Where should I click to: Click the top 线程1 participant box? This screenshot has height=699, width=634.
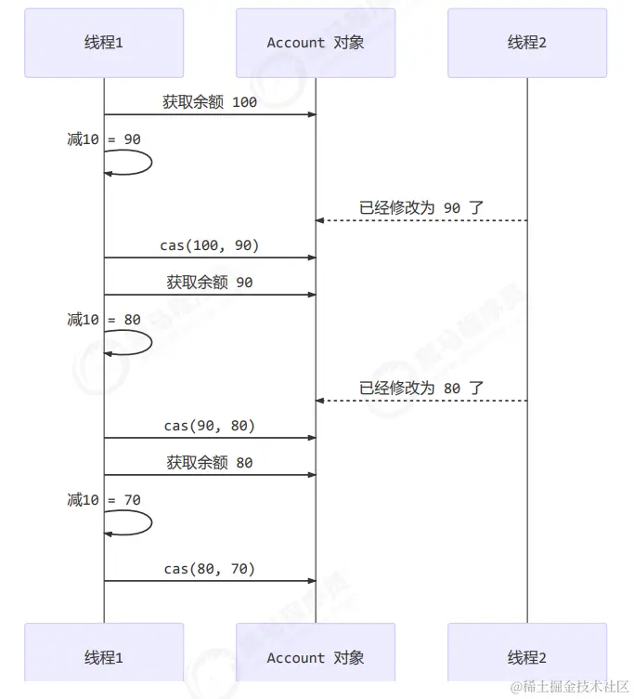[x=104, y=43]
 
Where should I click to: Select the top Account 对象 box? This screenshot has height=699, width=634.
[x=315, y=43]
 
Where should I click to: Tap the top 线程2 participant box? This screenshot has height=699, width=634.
[x=526, y=43]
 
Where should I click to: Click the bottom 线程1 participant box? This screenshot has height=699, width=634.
[x=104, y=657]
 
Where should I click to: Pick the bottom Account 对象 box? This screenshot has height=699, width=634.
[x=315, y=657]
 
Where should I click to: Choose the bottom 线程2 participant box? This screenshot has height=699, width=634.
[x=526, y=657]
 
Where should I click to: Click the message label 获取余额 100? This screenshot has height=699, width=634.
[x=210, y=102]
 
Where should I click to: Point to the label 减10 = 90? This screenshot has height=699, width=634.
[x=104, y=139]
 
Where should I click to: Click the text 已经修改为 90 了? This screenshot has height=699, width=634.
[x=421, y=207]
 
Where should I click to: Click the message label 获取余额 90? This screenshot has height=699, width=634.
[x=210, y=283]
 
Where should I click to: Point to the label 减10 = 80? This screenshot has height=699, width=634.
[x=104, y=320]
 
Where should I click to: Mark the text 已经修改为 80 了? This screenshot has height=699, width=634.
[x=421, y=388]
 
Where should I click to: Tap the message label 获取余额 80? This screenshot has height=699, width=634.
[x=210, y=463]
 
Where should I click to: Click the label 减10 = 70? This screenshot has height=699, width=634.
[x=104, y=500]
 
